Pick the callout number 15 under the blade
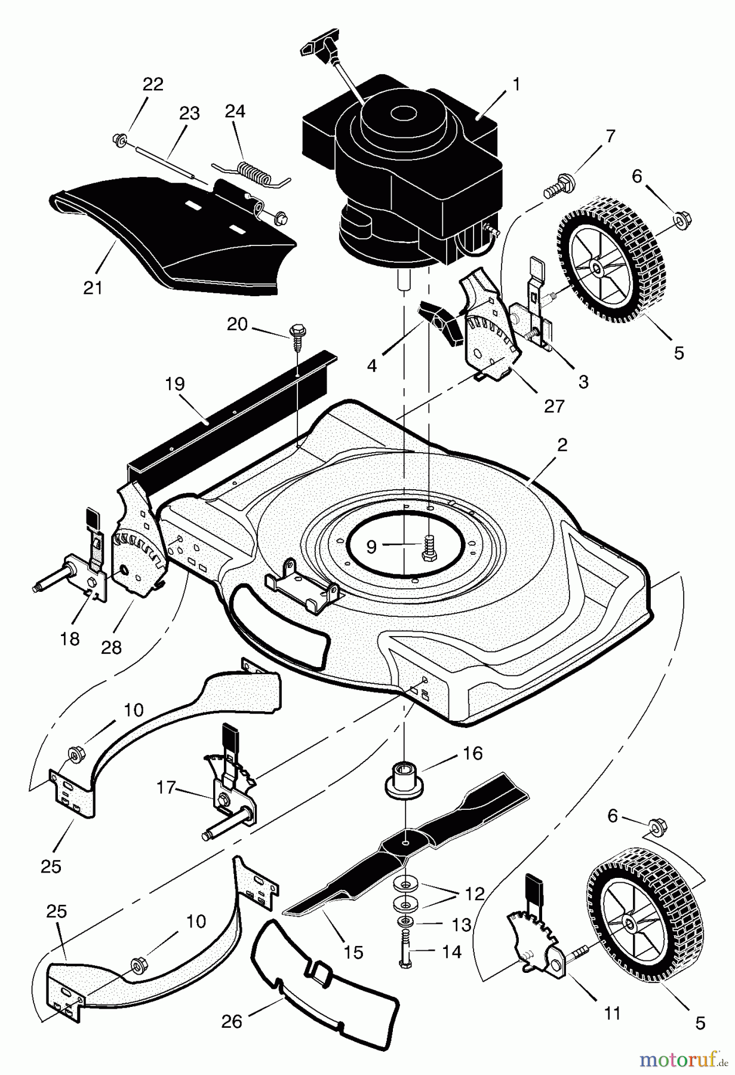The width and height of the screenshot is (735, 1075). pyautogui.click(x=353, y=951)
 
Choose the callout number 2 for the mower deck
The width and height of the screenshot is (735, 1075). pyautogui.click(x=562, y=446)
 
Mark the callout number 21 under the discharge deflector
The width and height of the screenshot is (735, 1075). pyautogui.click(x=93, y=287)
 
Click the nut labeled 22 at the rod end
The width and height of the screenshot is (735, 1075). pyautogui.click(x=118, y=140)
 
